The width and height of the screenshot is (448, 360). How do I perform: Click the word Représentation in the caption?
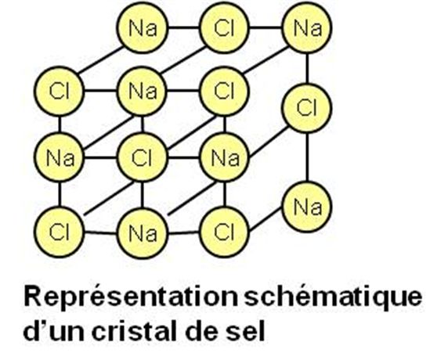click(x=131, y=297)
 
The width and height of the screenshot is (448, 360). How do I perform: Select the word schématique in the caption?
click(x=333, y=297)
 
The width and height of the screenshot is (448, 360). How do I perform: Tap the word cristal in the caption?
click(x=135, y=332)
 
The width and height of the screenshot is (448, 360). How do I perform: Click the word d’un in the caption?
click(x=54, y=332)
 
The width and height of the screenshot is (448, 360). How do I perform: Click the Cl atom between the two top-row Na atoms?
click(x=224, y=27)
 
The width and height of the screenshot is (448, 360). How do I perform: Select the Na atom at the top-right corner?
click(x=307, y=27)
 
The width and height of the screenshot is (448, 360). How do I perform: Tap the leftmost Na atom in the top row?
click(x=142, y=27)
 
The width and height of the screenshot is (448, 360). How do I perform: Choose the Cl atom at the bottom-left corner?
click(x=60, y=232)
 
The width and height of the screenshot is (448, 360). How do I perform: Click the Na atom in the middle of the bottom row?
click(x=142, y=233)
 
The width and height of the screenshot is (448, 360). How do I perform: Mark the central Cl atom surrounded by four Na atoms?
click(x=142, y=157)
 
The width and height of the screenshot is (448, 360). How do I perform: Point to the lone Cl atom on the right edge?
click(x=307, y=108)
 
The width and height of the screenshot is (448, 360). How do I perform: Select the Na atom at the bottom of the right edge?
click(x=307, y=207)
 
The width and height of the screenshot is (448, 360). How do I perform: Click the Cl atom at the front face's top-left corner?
click(x=60, y=91)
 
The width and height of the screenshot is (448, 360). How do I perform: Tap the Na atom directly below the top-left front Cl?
click(x=60, y=157)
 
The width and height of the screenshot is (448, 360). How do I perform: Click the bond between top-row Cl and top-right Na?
click(x=266, y=27)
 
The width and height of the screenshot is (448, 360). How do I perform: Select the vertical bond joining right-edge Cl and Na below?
click(x=307, y=157)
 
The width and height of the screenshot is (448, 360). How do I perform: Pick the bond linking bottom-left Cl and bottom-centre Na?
click(x=101, y=232)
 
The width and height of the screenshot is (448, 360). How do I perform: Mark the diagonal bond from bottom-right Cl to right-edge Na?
click(x=266, y=218)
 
